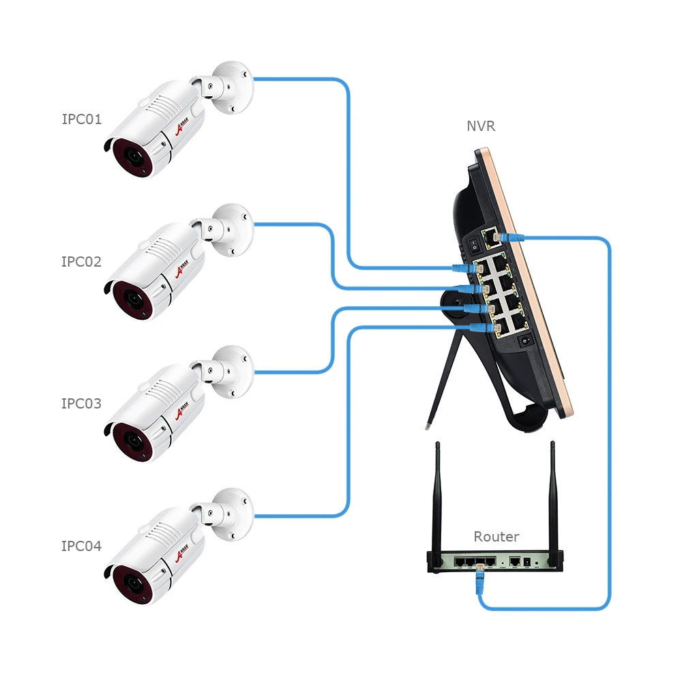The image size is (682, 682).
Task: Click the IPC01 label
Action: pyautogui.click(x=81, y=119)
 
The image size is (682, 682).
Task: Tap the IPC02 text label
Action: pyautogui.click(x=81, y=262)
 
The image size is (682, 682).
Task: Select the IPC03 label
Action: pyautogui.click(x=81, y=404)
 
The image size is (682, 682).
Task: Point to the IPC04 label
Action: pyautogui.click(x=81, y=546)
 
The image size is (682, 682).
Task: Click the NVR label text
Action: pyautogui.click(x=481, y=126)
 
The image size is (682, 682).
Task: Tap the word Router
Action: pyautogui.click(x=496, y=537)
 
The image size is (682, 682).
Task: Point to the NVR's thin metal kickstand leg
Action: pyautogui.click(x=439, y=382)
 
